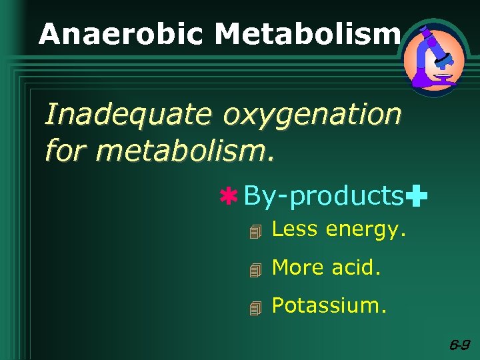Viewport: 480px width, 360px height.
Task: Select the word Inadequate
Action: coord(129,115)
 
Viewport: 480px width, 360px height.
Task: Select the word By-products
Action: coord(324,196)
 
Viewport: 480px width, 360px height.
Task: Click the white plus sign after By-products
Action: coord(417,197)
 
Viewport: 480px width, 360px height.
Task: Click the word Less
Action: coord(295,229)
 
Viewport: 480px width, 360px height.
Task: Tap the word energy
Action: coord(365,231)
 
